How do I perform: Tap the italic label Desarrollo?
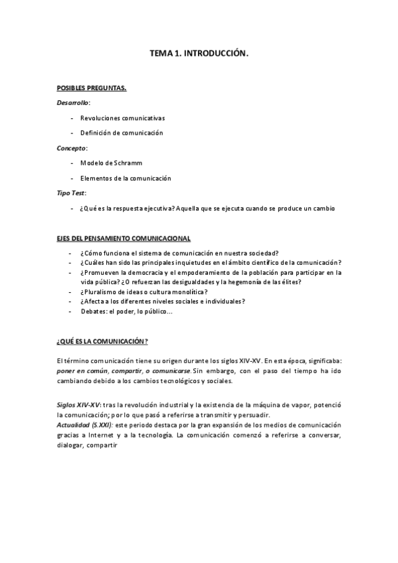pos(73,102)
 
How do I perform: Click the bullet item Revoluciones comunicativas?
pos(122,118)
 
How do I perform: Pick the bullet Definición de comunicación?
pos(121,133)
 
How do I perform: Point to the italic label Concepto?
pos(72,147)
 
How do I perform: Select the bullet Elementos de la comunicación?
pos(125,178)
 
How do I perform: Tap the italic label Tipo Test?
pos(71,193)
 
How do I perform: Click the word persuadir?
pos(253,414)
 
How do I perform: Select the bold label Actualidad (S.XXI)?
pos(86,424)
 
